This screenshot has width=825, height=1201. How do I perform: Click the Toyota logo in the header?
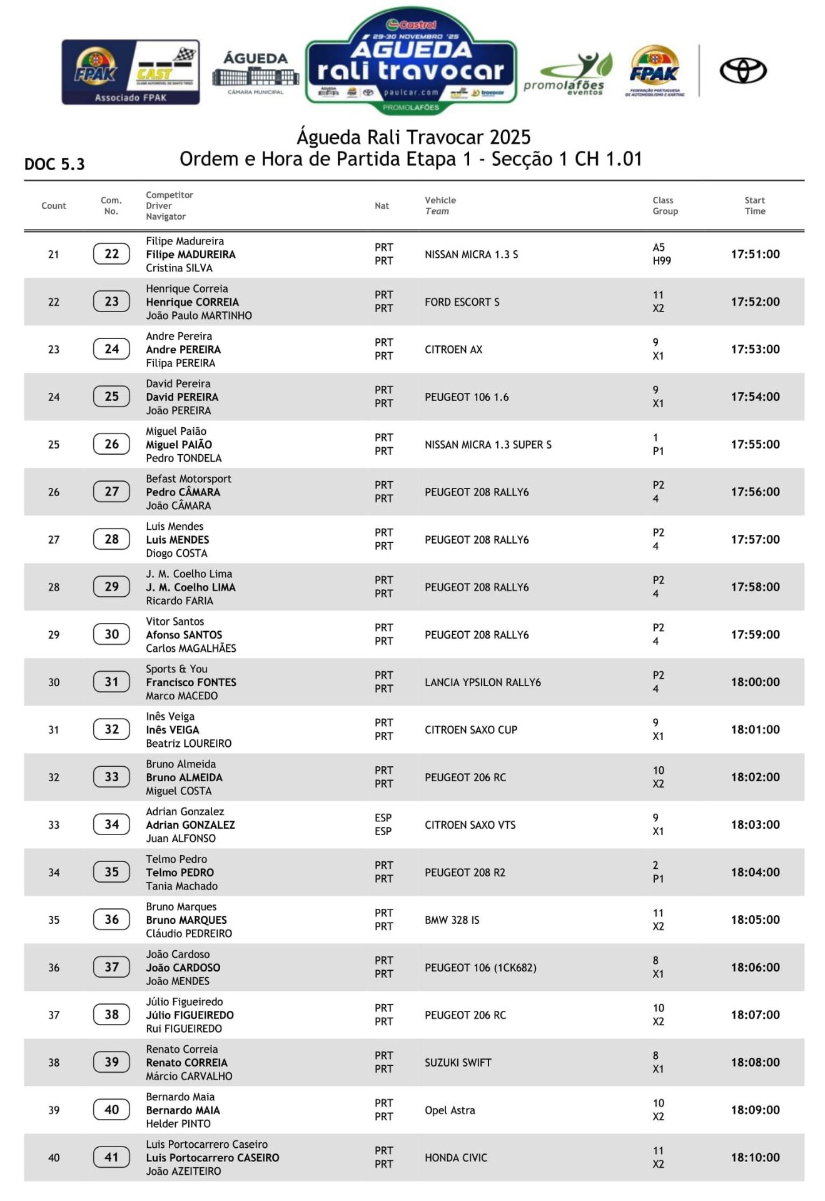point(742,70)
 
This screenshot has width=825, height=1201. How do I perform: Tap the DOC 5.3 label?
point(54,165)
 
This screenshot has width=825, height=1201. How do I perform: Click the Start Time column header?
point(754,206)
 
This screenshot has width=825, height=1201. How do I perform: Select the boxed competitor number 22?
point(111,254)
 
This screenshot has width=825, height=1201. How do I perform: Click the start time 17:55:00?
point(755,444)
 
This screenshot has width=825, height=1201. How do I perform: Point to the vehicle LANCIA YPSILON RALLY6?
point(482,682)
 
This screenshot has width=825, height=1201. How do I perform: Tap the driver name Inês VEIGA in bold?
point(173,730)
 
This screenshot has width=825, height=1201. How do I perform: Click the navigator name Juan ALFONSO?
point(181,838)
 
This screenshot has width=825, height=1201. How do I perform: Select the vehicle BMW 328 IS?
point(452,920)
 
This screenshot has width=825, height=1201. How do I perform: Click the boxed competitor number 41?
point(111,1157)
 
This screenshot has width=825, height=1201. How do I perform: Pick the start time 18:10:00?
point(755,1157)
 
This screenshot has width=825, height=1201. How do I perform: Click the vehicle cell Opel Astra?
point(450,1110)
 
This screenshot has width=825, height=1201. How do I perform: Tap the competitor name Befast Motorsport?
point(188,479)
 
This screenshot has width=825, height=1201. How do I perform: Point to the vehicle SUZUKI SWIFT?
point(458,1063)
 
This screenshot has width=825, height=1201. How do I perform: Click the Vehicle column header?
point(440,201)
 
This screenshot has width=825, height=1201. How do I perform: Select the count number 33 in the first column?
point(54,825)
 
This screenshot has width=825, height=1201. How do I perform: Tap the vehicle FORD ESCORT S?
point(462,302)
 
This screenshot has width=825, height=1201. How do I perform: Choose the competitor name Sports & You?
point(176,669)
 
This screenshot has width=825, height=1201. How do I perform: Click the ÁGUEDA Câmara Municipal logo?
point(255,72)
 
